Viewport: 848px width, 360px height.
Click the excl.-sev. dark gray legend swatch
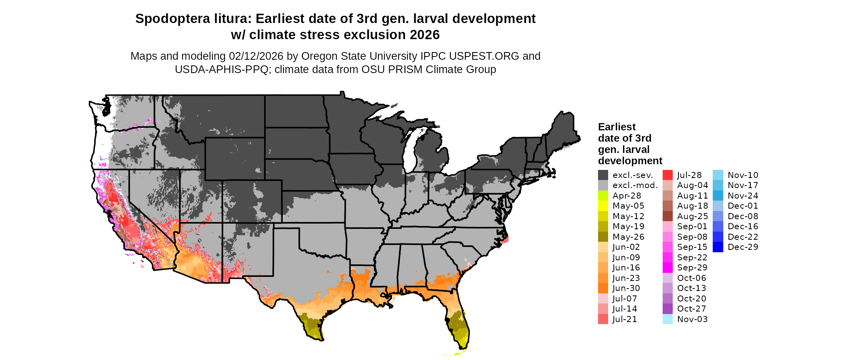point(603,175)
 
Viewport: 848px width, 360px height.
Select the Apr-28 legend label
point(627,196)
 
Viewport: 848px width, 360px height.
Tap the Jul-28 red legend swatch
point(667,175)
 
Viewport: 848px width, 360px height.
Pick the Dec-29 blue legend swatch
point(718,247)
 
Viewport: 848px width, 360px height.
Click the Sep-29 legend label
point(692,268)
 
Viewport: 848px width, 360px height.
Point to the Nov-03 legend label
point(692,319)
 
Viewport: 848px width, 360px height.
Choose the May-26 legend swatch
point(603,237)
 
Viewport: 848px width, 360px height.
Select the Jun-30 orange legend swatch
point(603,288)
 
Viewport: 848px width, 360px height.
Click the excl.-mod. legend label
point(635,185)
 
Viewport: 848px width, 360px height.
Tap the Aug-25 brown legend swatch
point(667,216)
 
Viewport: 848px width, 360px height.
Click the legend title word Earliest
point(617,127)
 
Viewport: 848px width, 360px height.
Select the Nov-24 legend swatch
point(718,196)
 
